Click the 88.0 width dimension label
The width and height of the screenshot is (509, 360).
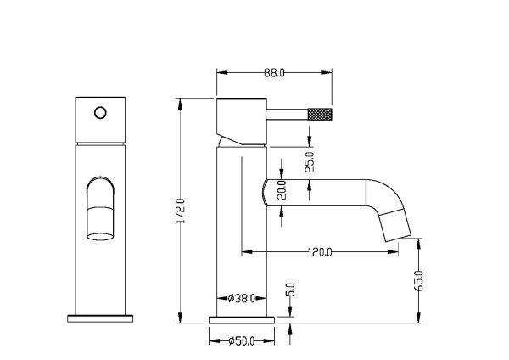pos(273,73)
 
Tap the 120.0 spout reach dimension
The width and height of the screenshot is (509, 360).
pos(321,252)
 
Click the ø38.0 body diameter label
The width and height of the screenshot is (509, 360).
pos(243,298)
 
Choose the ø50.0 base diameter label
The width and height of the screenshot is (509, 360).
pos(243,342)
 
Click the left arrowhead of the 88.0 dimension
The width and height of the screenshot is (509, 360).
pos(221,73)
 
